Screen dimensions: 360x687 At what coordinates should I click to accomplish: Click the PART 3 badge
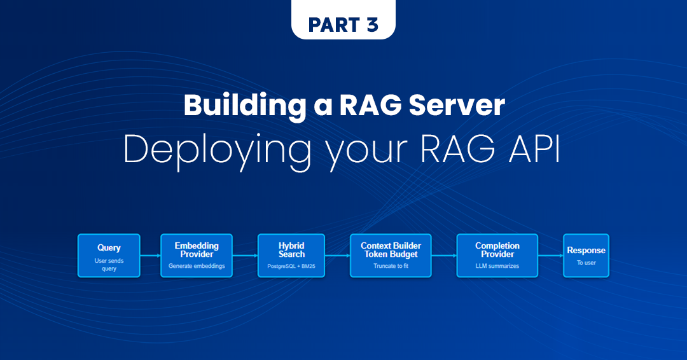point(343,24)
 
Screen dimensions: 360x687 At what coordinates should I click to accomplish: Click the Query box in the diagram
point(109,256)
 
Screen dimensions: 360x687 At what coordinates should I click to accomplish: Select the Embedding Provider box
point(197,256)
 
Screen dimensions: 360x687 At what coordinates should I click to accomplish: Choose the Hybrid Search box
point(291,256)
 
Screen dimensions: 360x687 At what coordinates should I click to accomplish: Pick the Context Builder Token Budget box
point(391,256)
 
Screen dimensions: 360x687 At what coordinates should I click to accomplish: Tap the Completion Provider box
point(497,256)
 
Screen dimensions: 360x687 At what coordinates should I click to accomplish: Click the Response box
point(586,256)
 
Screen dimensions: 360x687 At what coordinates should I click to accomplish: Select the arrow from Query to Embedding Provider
point(150,256)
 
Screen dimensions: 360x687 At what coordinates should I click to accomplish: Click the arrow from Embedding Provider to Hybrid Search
point(245,256)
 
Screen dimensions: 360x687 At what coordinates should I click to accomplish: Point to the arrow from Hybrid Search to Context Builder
point(337,256)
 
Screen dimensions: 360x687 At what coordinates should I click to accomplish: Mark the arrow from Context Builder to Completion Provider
point(444,256)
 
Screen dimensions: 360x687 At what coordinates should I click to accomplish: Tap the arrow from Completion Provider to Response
point(550,256)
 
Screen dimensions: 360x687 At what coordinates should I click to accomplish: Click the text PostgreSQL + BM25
point(291,266)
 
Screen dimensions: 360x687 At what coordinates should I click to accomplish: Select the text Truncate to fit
point(391,266)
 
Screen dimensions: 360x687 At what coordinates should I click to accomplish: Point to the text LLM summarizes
point(497,266)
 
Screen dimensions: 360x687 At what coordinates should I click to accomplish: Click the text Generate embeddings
point(197,266)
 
